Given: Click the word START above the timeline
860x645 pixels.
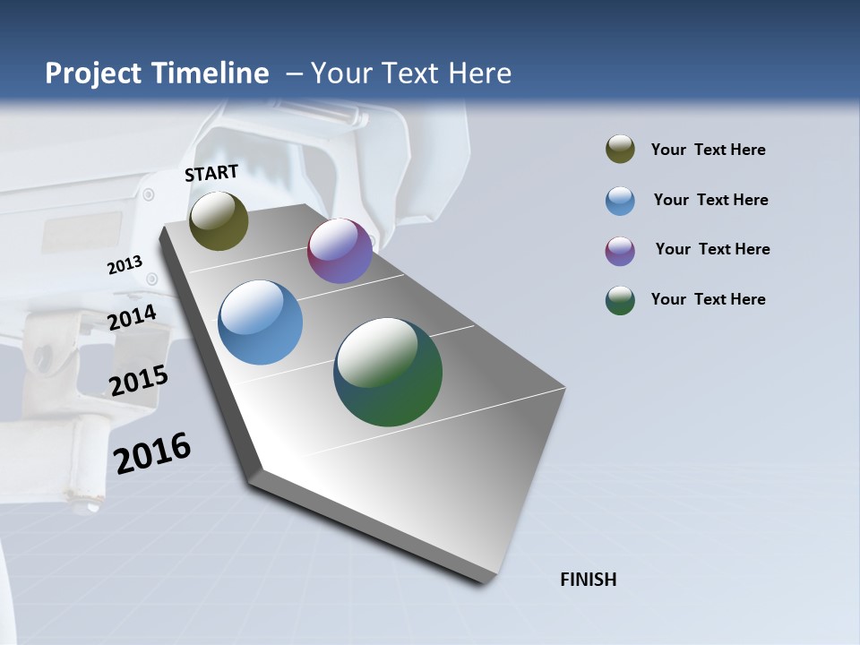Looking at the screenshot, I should [211, 173].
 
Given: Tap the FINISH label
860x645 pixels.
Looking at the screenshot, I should [589, 580].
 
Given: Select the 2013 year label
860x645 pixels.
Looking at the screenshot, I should [125, 265].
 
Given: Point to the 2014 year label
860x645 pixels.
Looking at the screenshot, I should [133, 317].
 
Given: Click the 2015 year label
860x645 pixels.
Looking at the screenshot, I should [139, 380].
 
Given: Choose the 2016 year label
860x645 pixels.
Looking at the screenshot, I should [152, 453].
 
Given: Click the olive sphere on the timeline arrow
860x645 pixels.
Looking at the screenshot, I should [219, 220].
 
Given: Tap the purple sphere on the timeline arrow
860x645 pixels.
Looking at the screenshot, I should [340, 251].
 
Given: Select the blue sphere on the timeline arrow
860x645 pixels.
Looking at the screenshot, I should [260, 322].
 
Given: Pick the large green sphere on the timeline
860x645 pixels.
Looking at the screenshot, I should [388, 372].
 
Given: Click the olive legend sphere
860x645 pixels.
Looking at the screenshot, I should [620, 150].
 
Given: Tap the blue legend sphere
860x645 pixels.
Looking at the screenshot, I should [620, 201].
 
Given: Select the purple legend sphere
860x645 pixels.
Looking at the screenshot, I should [620, 251].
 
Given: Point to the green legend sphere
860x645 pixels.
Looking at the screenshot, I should [620, 300].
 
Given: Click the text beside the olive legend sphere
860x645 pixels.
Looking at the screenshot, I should [708, 150].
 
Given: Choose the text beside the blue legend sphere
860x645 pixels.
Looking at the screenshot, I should [710, 200].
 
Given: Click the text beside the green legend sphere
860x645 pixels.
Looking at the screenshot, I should [708, 299].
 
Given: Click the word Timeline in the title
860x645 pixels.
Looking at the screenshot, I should [211, 73].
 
